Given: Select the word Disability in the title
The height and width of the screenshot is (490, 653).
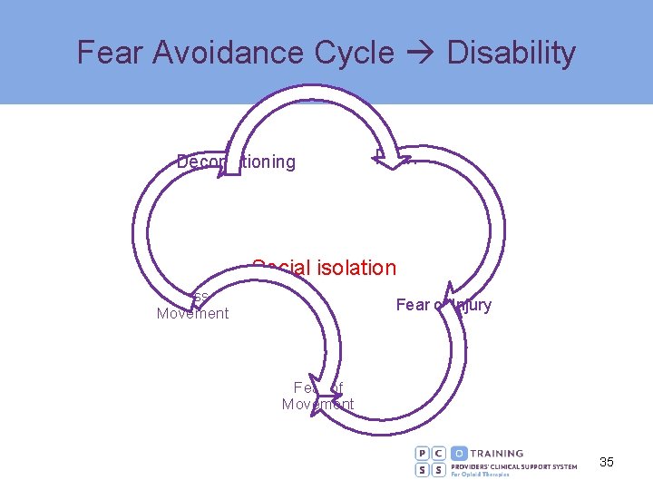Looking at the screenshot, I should pos(511,53).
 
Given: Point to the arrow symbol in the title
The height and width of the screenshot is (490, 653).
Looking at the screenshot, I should pos(421,54).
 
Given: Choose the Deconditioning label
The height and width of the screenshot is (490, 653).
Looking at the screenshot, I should pos(236,162).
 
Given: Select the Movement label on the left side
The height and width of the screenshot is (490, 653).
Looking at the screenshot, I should pos(192,314).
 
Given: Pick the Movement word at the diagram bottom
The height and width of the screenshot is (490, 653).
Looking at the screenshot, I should pos(317,405).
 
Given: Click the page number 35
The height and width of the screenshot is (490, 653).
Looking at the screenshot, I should pos(607,463).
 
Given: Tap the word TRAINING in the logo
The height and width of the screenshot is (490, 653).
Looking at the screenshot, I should pos(498,453).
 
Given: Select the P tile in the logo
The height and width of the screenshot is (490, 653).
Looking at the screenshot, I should pos(424,453).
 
